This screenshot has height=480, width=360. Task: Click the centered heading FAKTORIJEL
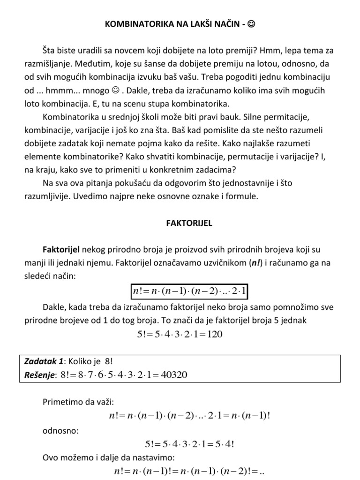[x=189, y=224]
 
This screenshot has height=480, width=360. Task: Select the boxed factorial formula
[x=189, y=292]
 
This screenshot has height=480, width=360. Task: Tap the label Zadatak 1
[x=43, y=362]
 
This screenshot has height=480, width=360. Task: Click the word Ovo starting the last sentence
[x=51, y=457]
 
